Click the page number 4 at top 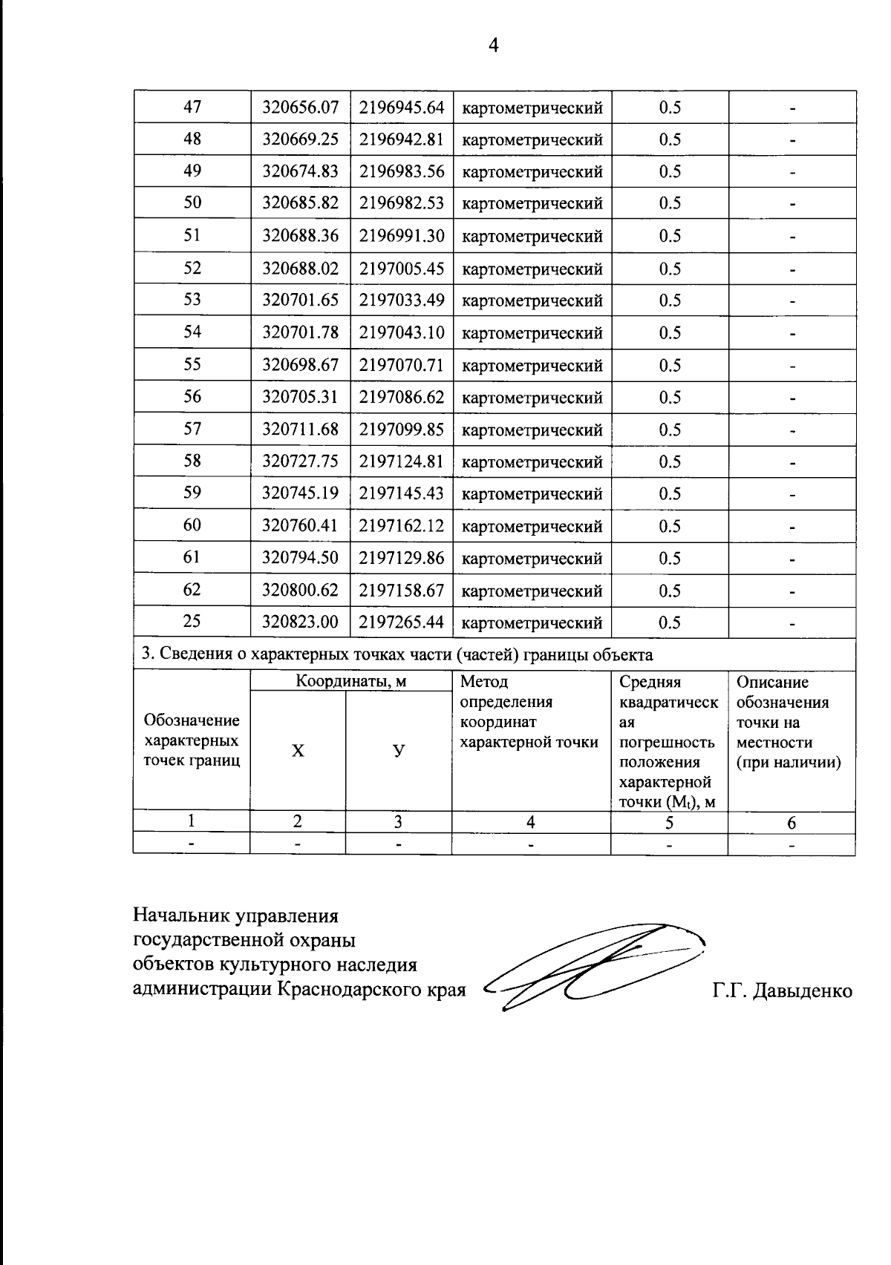click(x=493, y=46)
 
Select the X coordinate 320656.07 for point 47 click(x=300, y=108)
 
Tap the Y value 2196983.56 click(x=401, y=171)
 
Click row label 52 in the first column click(x=192, y=268)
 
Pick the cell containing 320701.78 click(x=300, y=332)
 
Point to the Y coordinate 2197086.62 click(x=401, y=397)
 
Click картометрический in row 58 click(x=532, y=462)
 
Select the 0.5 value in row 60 click(x=669, y=526)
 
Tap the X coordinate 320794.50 click(x=300, y=558)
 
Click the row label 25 click(x=192, y=622)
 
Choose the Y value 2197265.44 click(x=401, y=622)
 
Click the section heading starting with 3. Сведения click(x=397, y=654)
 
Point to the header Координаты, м click(x=350, y=681)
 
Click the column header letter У click(x=399, y=750)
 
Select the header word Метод click(x=484, y=682)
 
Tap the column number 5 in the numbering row click(x=669, y=822)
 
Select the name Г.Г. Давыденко click(x=782, y=990)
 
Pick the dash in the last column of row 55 click(x=792, y=366)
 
